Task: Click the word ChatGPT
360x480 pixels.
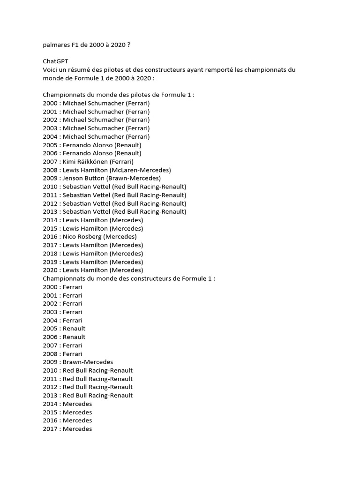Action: click(x=56, y=61)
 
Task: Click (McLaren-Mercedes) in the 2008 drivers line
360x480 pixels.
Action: click(x=140, y=170)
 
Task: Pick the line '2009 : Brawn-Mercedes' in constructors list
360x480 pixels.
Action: click(x=78, y=362)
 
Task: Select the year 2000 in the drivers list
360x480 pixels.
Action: click(x=50, y=103)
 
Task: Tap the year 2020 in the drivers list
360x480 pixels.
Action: click(x=50, y=270)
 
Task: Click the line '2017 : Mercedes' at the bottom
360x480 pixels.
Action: click(x=67, y=429)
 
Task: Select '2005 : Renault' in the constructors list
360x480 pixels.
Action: click(x=64, y=329)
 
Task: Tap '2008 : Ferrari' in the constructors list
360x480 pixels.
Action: click(x=63, y=354)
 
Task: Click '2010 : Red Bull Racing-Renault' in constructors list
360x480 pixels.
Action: click(x=88, y=370)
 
